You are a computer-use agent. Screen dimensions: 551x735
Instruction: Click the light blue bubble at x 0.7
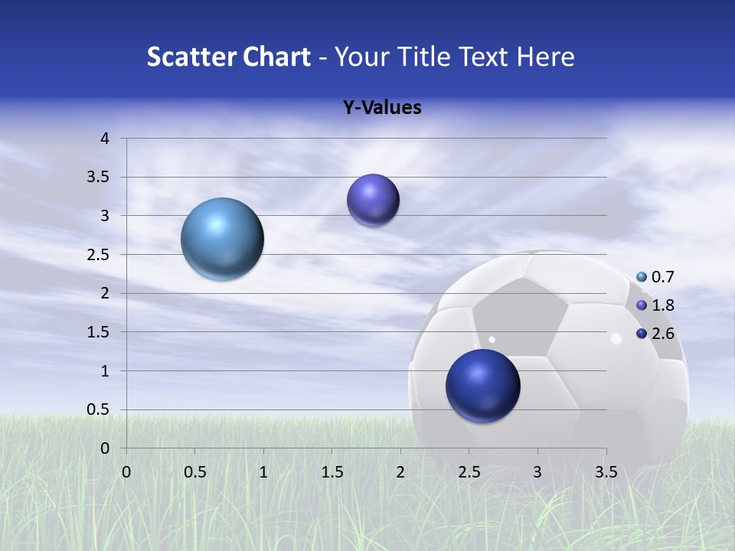click(x=223, y=239)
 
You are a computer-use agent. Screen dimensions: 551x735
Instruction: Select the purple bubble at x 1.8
click(x=373, y=201)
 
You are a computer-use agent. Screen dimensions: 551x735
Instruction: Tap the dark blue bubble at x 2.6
click(x=483, y=386)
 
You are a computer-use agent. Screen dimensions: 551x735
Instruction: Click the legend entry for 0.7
click(x=655, y=277)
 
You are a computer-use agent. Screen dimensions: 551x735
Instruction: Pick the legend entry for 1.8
click(x=655, y=305)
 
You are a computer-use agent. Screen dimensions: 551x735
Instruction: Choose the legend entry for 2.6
click(x=655, y=334)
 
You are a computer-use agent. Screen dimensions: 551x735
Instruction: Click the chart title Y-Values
click(x=381, y=108)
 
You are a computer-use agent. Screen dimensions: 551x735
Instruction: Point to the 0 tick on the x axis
click(x=127, y=471)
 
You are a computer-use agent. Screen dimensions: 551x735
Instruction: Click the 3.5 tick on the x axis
click(x=606, y=471)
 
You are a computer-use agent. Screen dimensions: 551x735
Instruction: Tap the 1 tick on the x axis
click(x=264, y=471)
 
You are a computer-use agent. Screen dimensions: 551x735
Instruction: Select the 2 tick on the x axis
click(x=400, y=471)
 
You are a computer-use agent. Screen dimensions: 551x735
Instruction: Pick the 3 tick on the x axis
click(x=537, y=471)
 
